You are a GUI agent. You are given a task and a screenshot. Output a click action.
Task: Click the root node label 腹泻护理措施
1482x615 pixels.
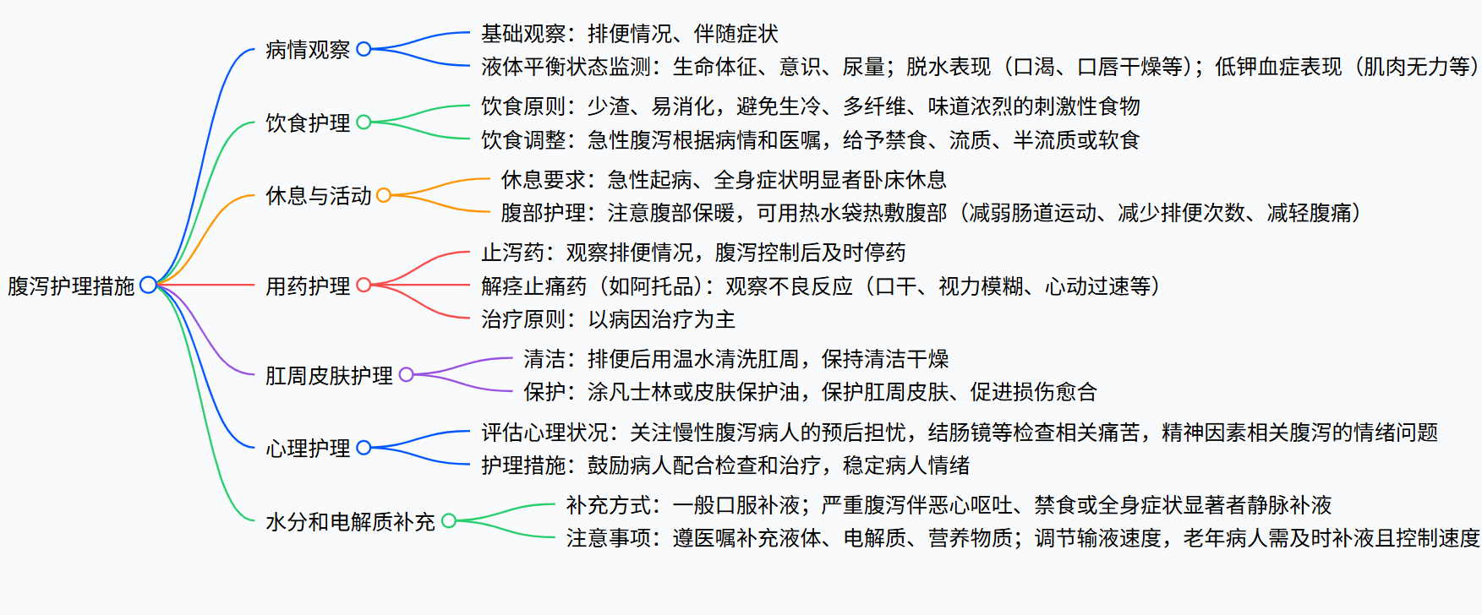[x=71, y=286]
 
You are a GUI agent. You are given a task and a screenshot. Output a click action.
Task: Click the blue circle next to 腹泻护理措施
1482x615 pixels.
[x=148, y=285]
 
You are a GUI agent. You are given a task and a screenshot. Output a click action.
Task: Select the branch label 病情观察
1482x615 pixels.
[x=308, y=50]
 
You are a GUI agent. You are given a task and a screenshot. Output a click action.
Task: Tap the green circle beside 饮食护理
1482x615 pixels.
[x=364, y=122]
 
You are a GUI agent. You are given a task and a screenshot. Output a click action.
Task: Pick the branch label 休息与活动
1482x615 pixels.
[x=318, y=195]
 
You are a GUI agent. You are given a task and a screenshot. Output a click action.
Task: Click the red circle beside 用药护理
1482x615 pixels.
[x=364, y=286]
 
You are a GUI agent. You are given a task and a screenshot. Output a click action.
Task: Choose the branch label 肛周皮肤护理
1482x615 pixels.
[x=329, y=375]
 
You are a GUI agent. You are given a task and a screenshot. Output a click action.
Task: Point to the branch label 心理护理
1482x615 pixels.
[x=308, y=448]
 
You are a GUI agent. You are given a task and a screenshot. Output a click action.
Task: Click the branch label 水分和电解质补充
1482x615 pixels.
[x=350, y=521]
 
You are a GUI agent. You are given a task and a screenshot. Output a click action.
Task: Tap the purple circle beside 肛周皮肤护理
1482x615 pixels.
[x=406, y=374]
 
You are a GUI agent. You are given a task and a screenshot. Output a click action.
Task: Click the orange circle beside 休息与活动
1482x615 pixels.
[x=384, y=195]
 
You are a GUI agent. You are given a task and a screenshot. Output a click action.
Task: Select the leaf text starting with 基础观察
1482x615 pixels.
[x=629, y=34]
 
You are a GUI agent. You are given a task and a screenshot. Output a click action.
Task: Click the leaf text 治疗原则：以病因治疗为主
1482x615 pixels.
[x=608, y=319]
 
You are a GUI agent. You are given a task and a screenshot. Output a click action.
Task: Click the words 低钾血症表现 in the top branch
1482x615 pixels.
[x=1278, y=67]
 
